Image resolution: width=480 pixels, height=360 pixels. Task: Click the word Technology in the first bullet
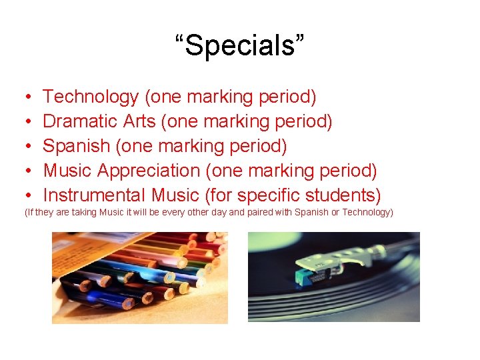tap(90, 97)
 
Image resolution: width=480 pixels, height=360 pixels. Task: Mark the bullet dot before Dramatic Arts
tap(25, 122)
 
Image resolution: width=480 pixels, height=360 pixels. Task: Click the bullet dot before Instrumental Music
tap(25, 196)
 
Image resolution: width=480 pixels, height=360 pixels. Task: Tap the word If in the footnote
tap(29, 213)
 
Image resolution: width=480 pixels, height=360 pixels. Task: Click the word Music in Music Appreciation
tap(68, 171)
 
